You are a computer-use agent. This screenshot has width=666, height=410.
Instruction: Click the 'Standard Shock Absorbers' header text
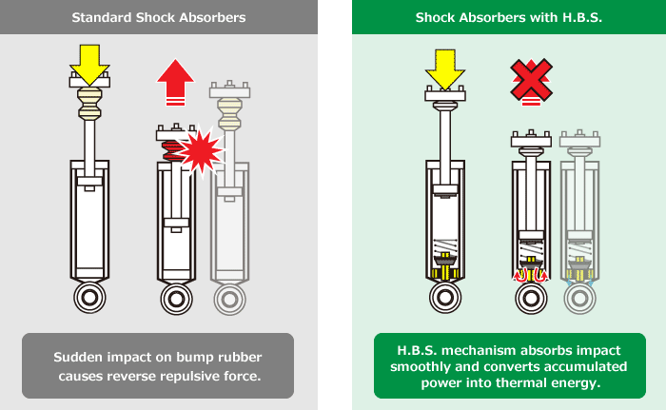(x=158, y=18)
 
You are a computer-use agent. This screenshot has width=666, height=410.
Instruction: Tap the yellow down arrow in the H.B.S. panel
(x=444, y=64)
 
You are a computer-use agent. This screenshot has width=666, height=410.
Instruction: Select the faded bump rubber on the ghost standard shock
(x=229, y=113)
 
